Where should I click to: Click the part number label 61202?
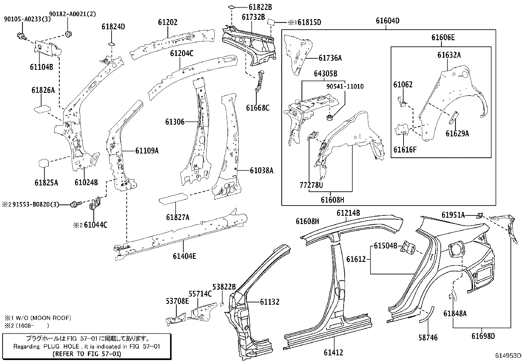coord(168,22)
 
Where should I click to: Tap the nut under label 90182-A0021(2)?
coord(68,34)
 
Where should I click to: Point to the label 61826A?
coord(43,90)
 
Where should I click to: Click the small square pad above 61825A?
coord(44,164)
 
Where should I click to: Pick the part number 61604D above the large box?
coord(388,21)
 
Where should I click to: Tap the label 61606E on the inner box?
coord(443,38)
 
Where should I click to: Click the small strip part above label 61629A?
coord(454,117)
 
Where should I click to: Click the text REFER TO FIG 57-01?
coord(87,354)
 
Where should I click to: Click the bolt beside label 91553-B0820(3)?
coord(74,205)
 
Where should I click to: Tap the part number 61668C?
coord(257,108)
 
